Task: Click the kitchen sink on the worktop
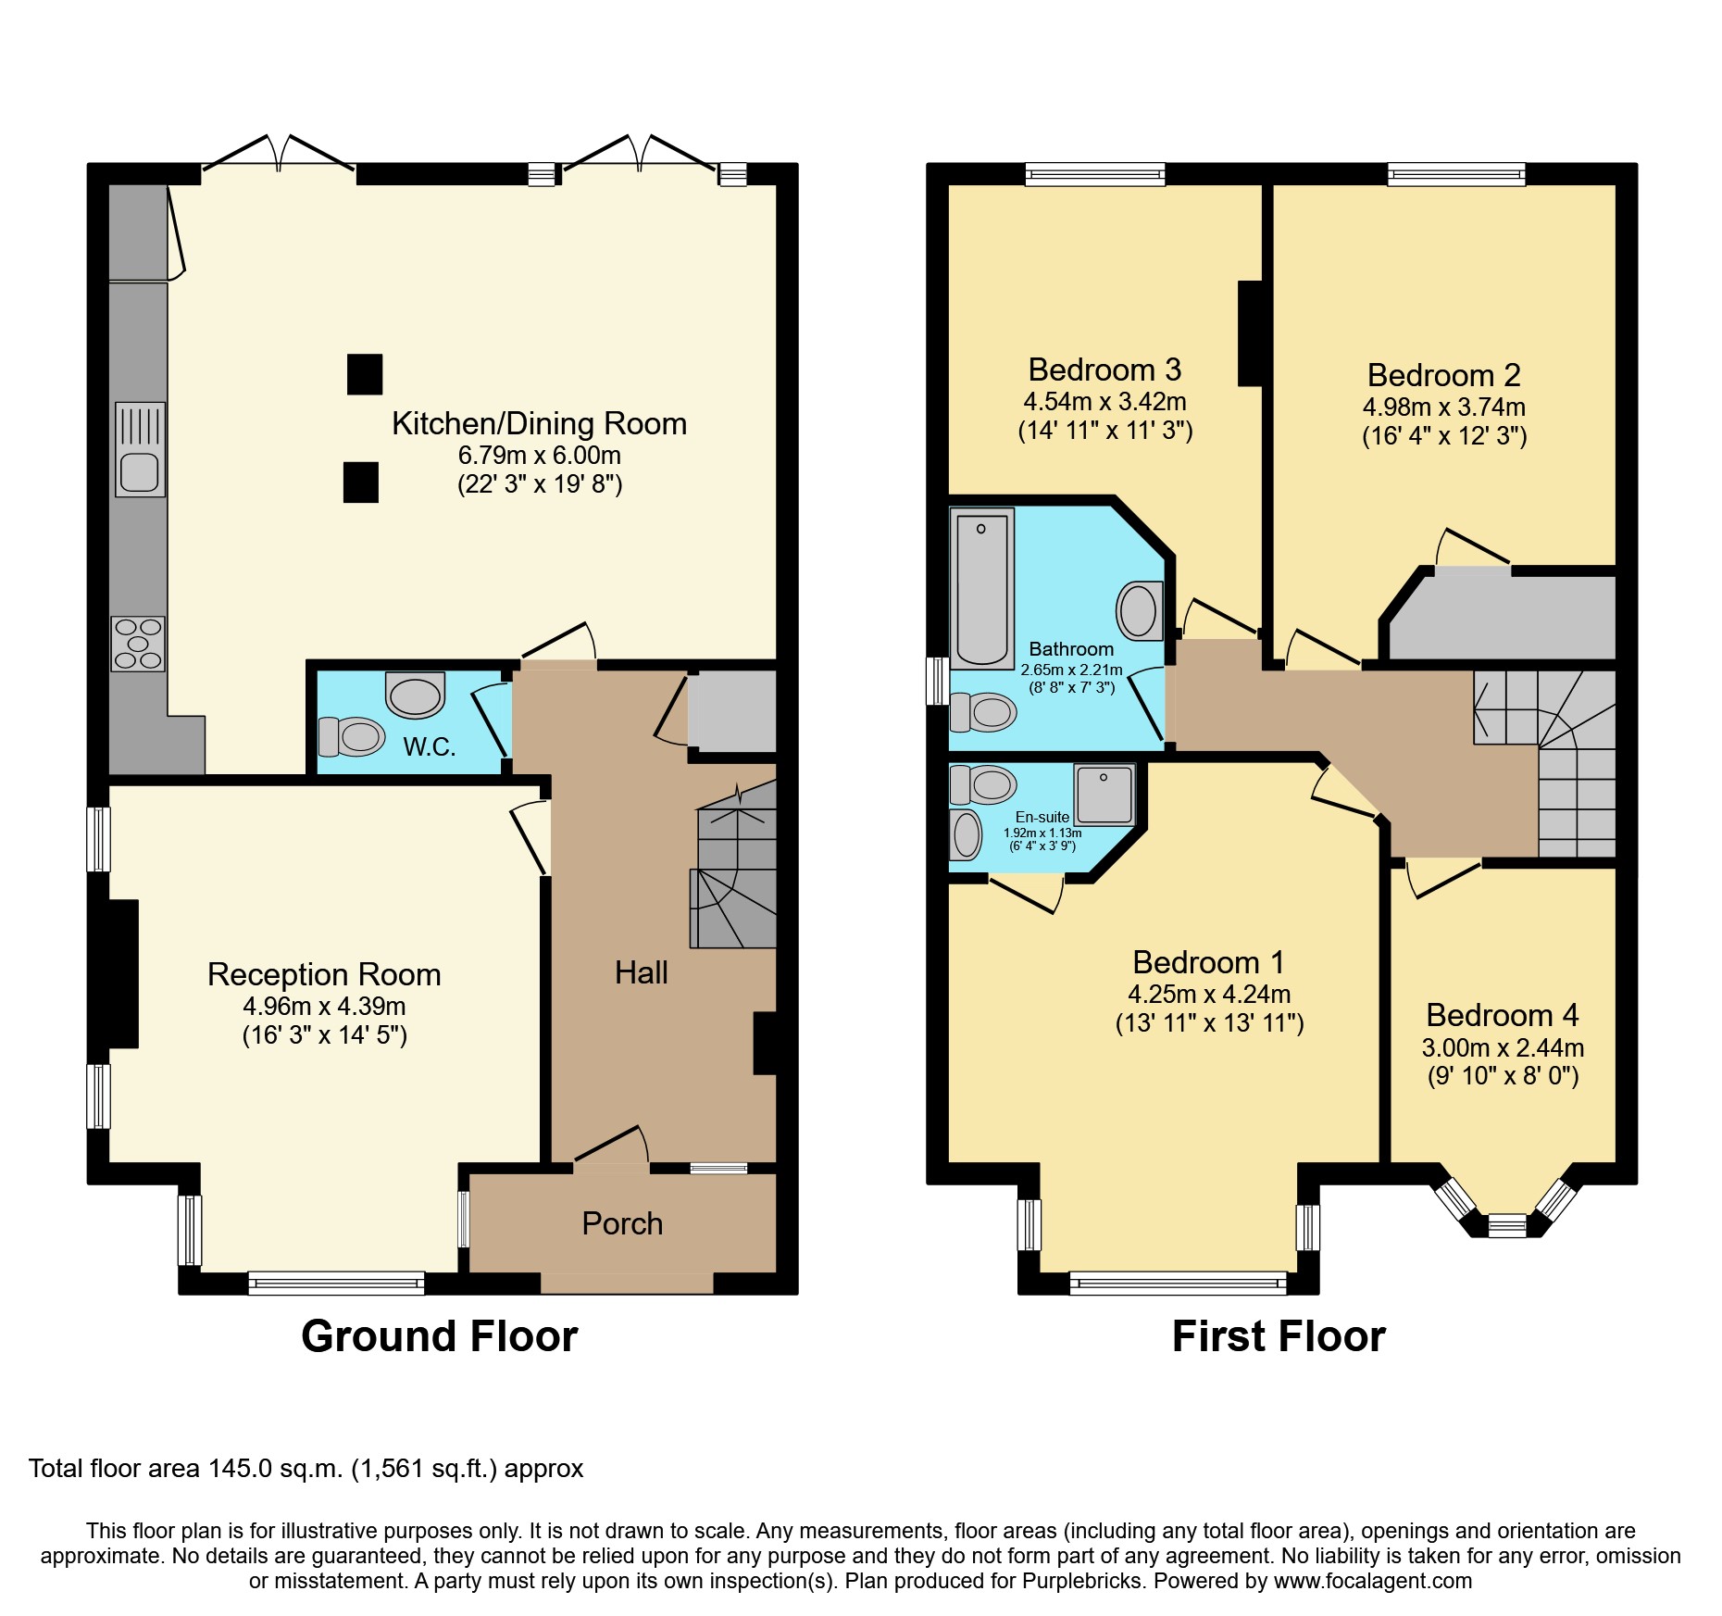(140, 449)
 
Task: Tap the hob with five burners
(138, 644)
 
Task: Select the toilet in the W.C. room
(352, 737)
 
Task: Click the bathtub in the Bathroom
(982, 588)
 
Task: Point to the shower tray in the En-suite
(1104, 795)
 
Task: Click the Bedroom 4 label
(1502, 1016)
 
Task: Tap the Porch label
(622, 1224)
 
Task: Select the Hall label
(641, 972)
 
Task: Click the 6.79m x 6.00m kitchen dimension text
(539, 456)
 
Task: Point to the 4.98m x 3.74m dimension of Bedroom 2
(1443, 407)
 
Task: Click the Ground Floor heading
(439, 1336)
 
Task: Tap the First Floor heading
(1279, 1336)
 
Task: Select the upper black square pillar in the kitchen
(365, 374)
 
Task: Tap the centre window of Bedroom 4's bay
(1506, 1226)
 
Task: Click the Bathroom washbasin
(1140, 611)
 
